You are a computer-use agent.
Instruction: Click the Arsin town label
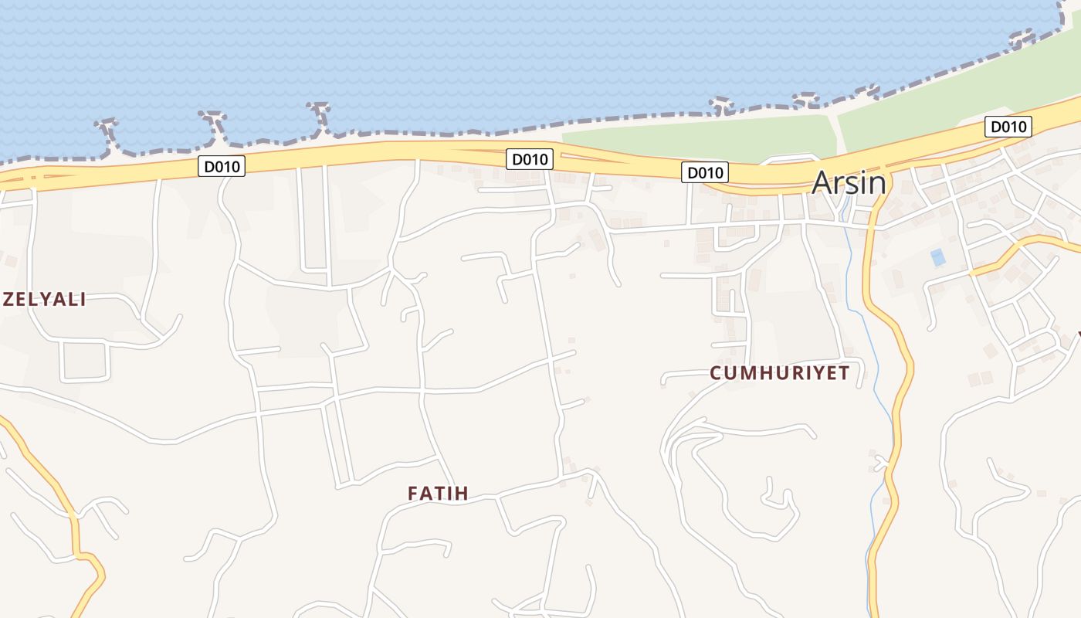(849, 183)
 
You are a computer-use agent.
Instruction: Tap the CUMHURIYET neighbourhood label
(780, 373)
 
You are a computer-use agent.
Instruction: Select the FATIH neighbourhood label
(438, 494)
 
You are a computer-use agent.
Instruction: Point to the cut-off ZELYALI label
(44, 300)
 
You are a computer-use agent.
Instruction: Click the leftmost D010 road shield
(222, 166)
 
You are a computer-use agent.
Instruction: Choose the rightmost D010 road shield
(1008, 127)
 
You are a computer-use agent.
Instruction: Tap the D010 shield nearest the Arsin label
(704, 172)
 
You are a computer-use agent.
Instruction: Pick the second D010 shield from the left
(530, 160)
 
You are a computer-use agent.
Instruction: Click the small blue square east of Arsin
(938, 257)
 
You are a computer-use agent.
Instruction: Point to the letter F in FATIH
(413, 494)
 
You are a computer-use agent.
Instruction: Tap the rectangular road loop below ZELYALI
(84, 362)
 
